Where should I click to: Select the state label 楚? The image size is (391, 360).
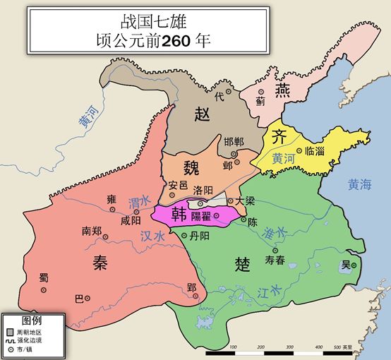(243, 265)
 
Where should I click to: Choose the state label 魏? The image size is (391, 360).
(191, 168)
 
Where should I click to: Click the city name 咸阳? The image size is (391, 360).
(131, 221)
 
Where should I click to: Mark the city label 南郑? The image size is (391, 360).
(96, 231)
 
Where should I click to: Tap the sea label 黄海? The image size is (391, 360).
(359, 186)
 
